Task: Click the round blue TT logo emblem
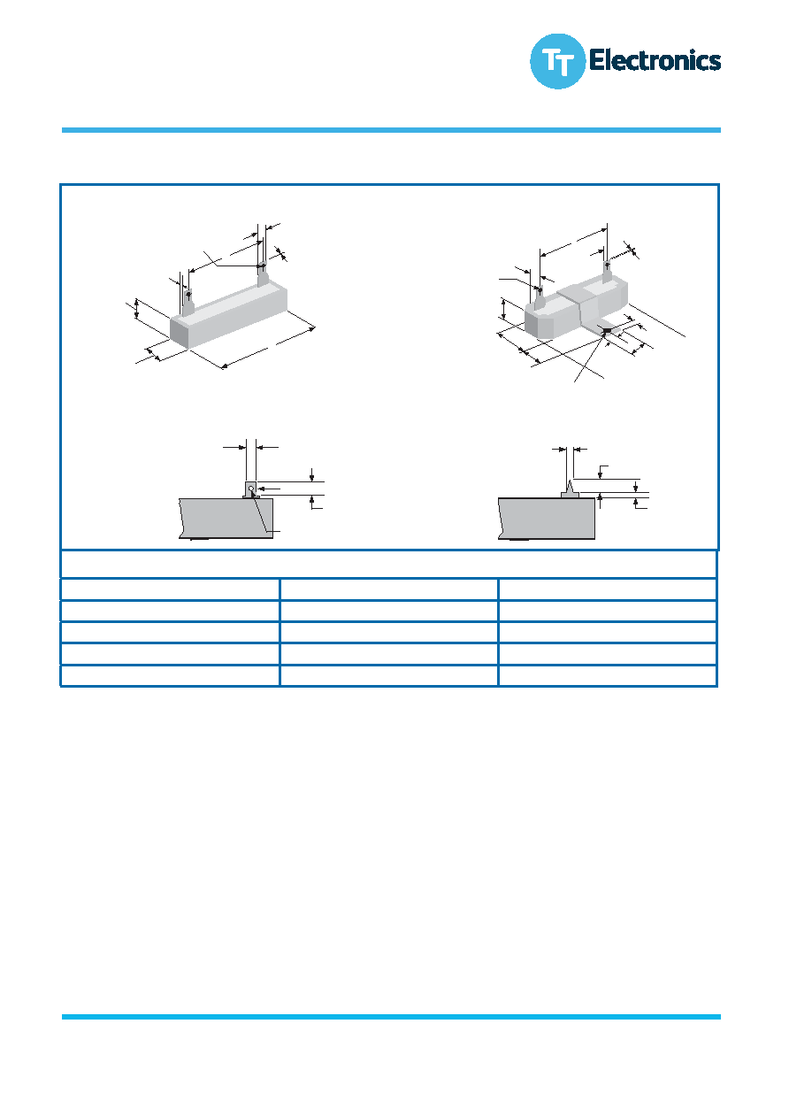click(x=557, y=61)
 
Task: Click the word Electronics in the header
click(x=655, y=60)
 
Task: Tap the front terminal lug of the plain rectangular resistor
click(x=188, y=304)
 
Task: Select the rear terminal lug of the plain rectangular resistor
click(x=263, y=274)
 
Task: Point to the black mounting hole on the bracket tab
click(x=607, y=330)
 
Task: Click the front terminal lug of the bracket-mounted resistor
click(x=539, y=299)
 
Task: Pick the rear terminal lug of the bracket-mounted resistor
click(x=606, y=273)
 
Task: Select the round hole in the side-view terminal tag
click(x=251, y=489)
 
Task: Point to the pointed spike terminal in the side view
click(x=570, y=487)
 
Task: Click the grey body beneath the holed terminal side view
click(x=226, y=518)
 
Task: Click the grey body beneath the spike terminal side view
click(x=547, y=518)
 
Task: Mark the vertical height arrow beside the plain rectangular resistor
click(x=137, y=309)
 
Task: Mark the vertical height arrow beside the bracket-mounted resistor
click(x=504, y=310)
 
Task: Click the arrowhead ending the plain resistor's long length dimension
click(x=311, y=328)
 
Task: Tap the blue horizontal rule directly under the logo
click(x=391, y=130)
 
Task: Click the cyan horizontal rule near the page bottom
click(x=391, y=1017)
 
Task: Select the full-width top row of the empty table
click(x=389, y=564)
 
